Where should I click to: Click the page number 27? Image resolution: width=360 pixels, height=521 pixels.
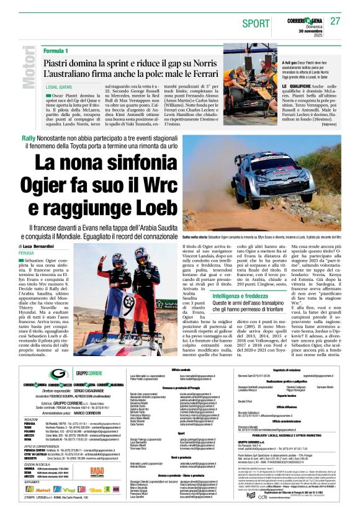336,21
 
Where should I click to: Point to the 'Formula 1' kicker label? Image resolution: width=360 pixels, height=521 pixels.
56,50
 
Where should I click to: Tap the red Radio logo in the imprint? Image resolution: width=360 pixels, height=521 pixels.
97,471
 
